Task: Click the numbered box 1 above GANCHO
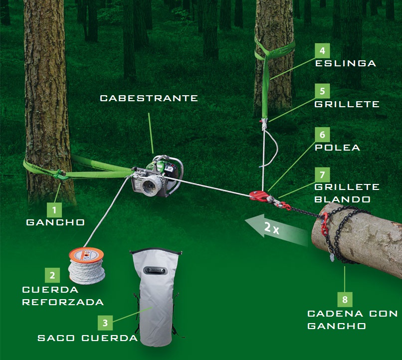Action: (54, 210)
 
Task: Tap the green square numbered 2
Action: (52, 275)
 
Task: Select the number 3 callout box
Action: (105, 323)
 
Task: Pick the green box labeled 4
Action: (323, 51)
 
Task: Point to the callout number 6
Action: (323, 135)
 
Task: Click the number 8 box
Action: (345, 299)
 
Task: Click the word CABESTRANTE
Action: (149, 98)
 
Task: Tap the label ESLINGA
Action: (346, 63)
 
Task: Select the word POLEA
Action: (337, 147)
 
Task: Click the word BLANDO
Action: (343, 199)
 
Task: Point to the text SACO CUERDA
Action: (88, 338)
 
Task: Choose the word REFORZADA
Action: (63, 302)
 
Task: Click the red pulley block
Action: (259, 195)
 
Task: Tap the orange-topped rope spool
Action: (87, 265)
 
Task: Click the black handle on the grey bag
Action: (156, 270)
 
